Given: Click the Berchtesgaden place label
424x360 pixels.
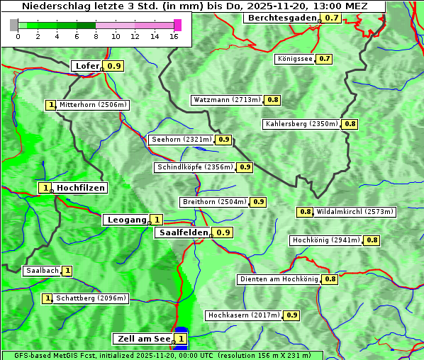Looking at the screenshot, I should click(281, 18).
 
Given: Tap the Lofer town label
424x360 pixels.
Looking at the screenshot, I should click(87, 66).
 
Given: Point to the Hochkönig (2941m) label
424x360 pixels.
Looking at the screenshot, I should click(326, 240).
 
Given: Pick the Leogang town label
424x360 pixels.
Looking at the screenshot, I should click(126, 220).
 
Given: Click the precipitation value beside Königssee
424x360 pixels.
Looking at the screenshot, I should click(325, 59).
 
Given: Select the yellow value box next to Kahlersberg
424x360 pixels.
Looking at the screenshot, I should click(350, 124).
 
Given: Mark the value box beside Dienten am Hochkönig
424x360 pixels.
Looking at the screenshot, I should click(330, 279).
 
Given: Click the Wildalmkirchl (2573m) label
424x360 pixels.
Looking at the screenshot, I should click(355, 211).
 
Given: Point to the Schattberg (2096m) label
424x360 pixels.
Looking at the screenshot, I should click(91, 298).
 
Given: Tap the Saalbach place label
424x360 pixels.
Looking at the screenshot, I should click(42, 271).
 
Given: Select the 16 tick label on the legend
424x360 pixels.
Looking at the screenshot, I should click(174, 35).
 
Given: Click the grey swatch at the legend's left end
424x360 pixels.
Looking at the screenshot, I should click(14, 25).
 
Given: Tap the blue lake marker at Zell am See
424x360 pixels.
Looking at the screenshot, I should click(181, 330).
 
